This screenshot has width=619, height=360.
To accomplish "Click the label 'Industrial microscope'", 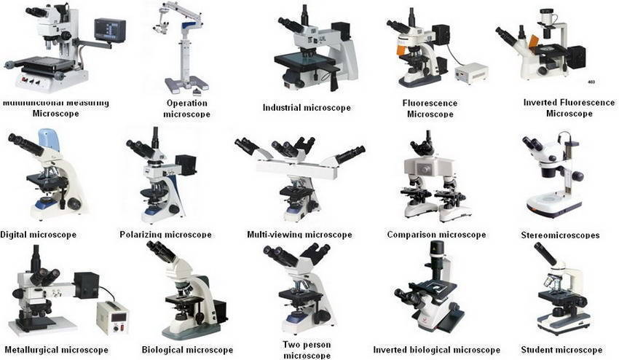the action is pyautogui.click(x=307, y=108).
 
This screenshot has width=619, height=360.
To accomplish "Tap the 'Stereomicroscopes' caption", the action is pyautogui.click(x=560, y=235).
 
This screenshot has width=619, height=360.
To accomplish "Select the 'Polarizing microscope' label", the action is pyautogui.click(x=165, y=235).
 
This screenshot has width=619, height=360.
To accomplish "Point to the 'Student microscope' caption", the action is pyautogui.click(x=561, y=350).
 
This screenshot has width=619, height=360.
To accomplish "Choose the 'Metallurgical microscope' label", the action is pyautogui.click(x=55, y=350).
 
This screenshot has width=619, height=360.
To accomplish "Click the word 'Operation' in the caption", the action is pyautogui.click(x=187, y=103).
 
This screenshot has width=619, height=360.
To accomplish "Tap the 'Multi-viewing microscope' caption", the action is pyautogui.click(x=299, y=235).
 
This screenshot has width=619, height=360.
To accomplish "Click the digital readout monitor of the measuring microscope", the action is pyautogui.click(x=110, y=31).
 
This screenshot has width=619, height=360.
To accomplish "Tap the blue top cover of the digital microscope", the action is pyautogui.click(x=49, y=141).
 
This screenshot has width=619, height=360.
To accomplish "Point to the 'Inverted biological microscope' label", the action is pyautogui.click(x=436, y=350).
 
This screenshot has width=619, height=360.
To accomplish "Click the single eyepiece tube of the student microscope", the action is pyautogui.click(x=545, y=254).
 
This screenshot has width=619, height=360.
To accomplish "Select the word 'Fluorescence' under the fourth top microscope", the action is pyautogui.click(x=430, y=103).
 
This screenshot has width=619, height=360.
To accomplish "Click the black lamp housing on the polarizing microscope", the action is pyautogui.click(x=185, y=164).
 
